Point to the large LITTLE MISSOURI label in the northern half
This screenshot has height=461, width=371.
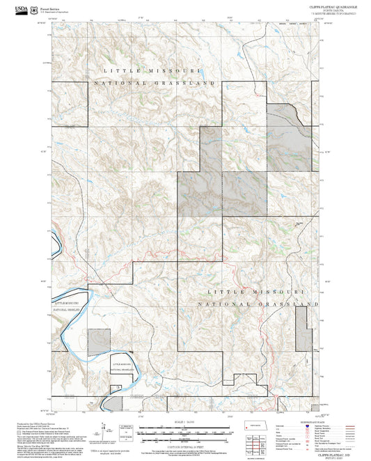click(152, 71)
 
